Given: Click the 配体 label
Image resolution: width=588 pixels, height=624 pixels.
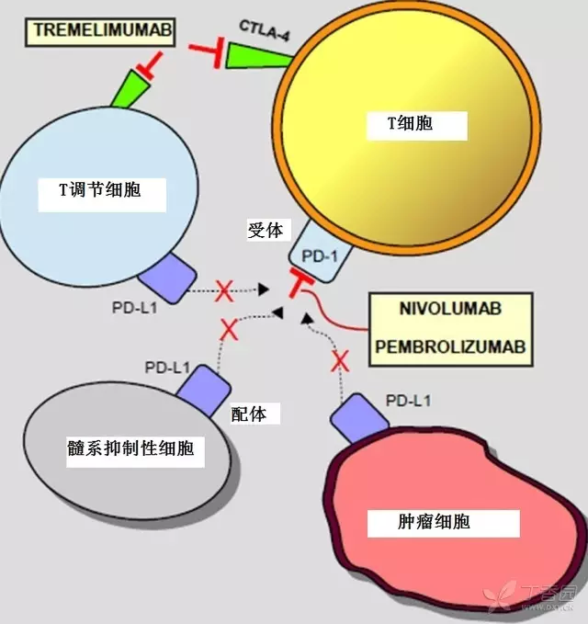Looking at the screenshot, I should click(x=250, y=414).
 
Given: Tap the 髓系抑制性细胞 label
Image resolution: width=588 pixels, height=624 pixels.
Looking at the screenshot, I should click(x=136, y=450).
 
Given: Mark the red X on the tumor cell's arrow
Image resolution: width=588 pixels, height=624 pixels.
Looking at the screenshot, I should click(x=341, y=360).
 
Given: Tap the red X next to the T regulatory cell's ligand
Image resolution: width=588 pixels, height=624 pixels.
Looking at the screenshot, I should click(x=223, y=290).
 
